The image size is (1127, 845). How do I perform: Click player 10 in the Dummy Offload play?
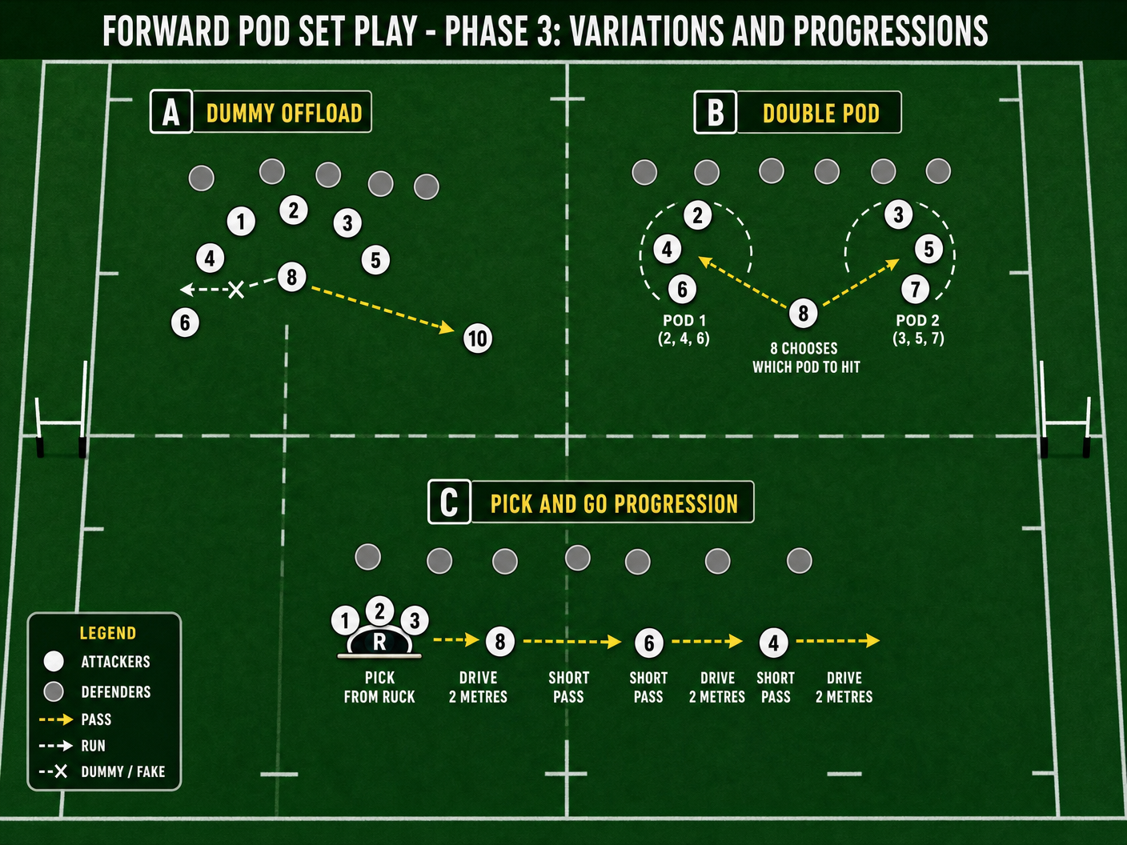pos(478,338)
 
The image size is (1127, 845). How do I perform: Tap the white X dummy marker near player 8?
pos(236,290)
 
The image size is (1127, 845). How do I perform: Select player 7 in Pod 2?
pos(916,290)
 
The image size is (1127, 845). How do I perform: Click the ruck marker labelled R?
pos(379,642)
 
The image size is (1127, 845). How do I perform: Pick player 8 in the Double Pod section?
pos(803,313)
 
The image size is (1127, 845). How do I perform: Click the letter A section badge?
pos(171,112)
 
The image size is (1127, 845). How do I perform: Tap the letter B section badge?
pos(716,113)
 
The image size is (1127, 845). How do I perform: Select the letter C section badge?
pos(449,503)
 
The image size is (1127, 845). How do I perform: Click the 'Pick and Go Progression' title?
pos(614,504)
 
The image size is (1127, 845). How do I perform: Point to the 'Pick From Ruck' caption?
pos(379,687)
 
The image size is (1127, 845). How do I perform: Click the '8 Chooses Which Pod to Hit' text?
pos(806,358)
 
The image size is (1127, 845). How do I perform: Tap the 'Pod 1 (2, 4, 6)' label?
pos(684,330)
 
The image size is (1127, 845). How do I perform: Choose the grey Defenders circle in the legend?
pos(54,691)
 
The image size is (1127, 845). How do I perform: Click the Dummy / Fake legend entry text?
pos(123,771)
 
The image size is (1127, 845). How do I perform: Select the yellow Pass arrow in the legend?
pos(56,720)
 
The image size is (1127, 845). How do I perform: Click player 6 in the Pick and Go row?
pos(649,643)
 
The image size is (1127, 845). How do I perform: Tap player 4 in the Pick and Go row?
pos(774,643)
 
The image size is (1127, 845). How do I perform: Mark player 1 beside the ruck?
pos(345,621)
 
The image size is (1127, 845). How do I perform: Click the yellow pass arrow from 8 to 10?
pos(383,310)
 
